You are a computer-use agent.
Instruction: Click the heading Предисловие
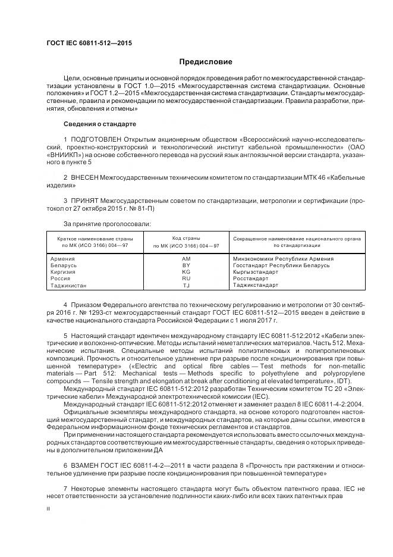coord(206,62)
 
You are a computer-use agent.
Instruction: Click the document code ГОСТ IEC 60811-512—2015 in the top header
coord(89,43)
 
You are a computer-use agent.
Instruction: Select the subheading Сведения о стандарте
coord(99,124)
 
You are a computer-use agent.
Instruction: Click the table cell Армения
coord(64,259)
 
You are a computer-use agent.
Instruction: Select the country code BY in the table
coord(186,265)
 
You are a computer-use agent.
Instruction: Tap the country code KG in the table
coord(186,272)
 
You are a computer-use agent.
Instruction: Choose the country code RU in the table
coord(186,278)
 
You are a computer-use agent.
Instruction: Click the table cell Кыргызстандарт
coord(256,272)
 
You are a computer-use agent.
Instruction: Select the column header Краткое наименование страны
coord(95,238)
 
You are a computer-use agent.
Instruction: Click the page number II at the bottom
coord(49,509)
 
